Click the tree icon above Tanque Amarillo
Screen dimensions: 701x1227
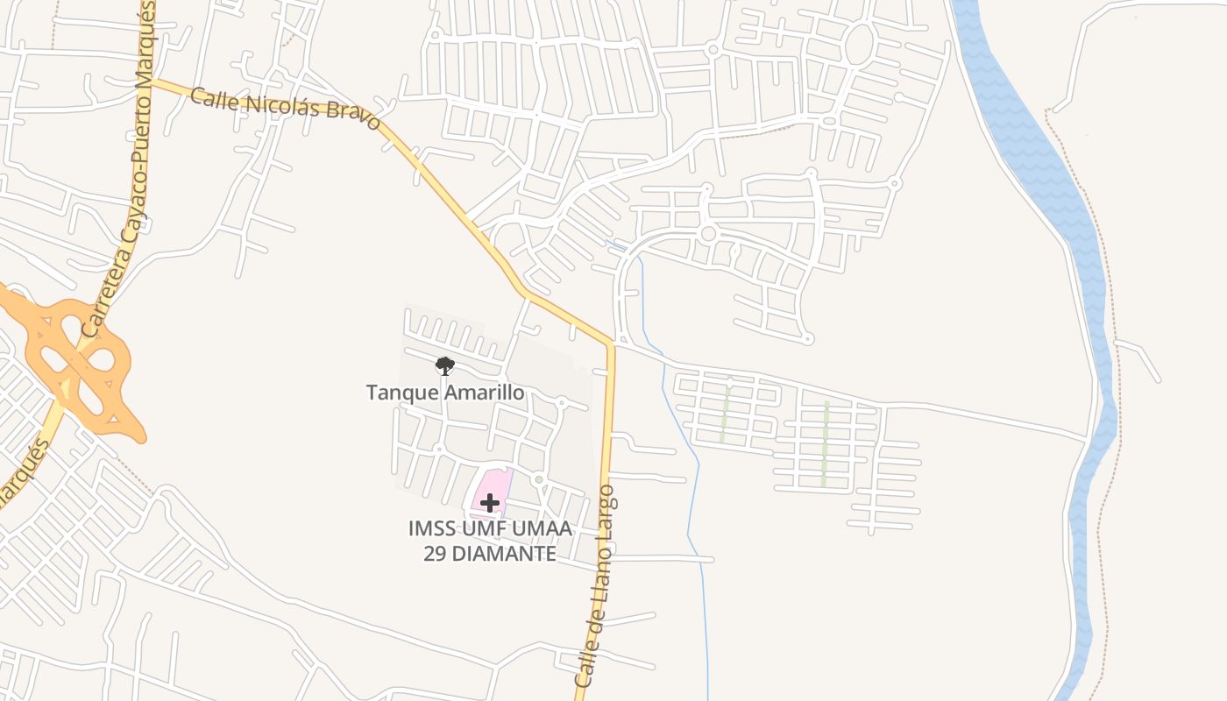pyautogui.click(x=445, y=365)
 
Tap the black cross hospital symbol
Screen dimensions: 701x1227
pyautogui.click(x=490, y=502)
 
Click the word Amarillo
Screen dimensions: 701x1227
pyautogui.click(x=485, y=392)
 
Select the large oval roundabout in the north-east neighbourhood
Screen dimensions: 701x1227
pyautogui.click(x=859, y=44)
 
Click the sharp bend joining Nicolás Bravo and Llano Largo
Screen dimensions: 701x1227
pyautogui.click(x=610, y=343)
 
